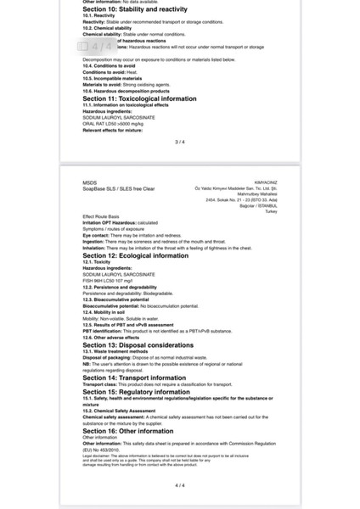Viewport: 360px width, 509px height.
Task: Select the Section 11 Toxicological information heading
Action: (x=139, y=98)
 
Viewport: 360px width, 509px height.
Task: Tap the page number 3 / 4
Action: (x=179, y=142)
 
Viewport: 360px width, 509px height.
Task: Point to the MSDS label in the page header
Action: (x=89, y=182)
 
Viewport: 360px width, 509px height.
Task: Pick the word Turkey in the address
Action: (x=271, y=210)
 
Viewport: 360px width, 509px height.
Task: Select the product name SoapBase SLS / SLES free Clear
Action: (x=118, y=188)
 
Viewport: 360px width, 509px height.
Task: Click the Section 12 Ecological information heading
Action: (x=135, y=255)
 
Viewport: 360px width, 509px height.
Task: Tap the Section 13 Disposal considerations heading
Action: (x=138, y=345)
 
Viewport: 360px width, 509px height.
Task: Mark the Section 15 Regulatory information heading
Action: (x=135, y=392)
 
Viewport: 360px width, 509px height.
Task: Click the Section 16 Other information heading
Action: (x=127, y=430)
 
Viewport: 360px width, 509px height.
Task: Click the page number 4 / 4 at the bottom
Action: (x=179, y=485)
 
